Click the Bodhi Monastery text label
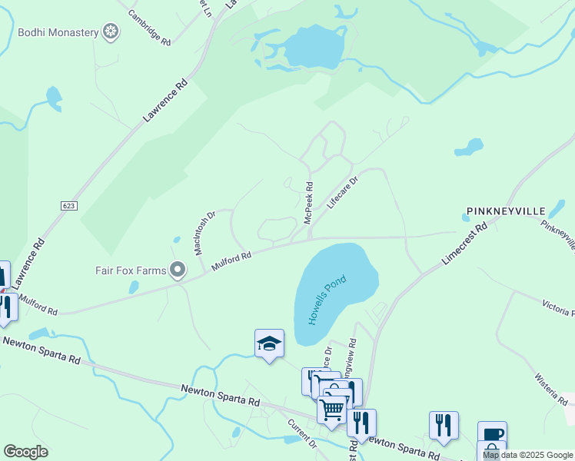tap(58, 32)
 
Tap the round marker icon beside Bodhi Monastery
tap(112, 32)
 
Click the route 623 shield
tap(69, 206)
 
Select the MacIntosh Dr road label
tap(204, 232)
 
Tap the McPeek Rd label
tap(309, 203)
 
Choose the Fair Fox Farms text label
tap(131, 270)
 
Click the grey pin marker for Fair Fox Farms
tap(178, 270)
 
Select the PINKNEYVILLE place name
tap(505, 211)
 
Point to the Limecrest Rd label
tap(466, 244)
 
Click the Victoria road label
tap(558, 307)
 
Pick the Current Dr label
tap(302, 433)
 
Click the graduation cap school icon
tap(269, 343)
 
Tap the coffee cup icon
tap(492, 434)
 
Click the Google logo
tap(25, 452)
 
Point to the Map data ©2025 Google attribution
tap(527, 455)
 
